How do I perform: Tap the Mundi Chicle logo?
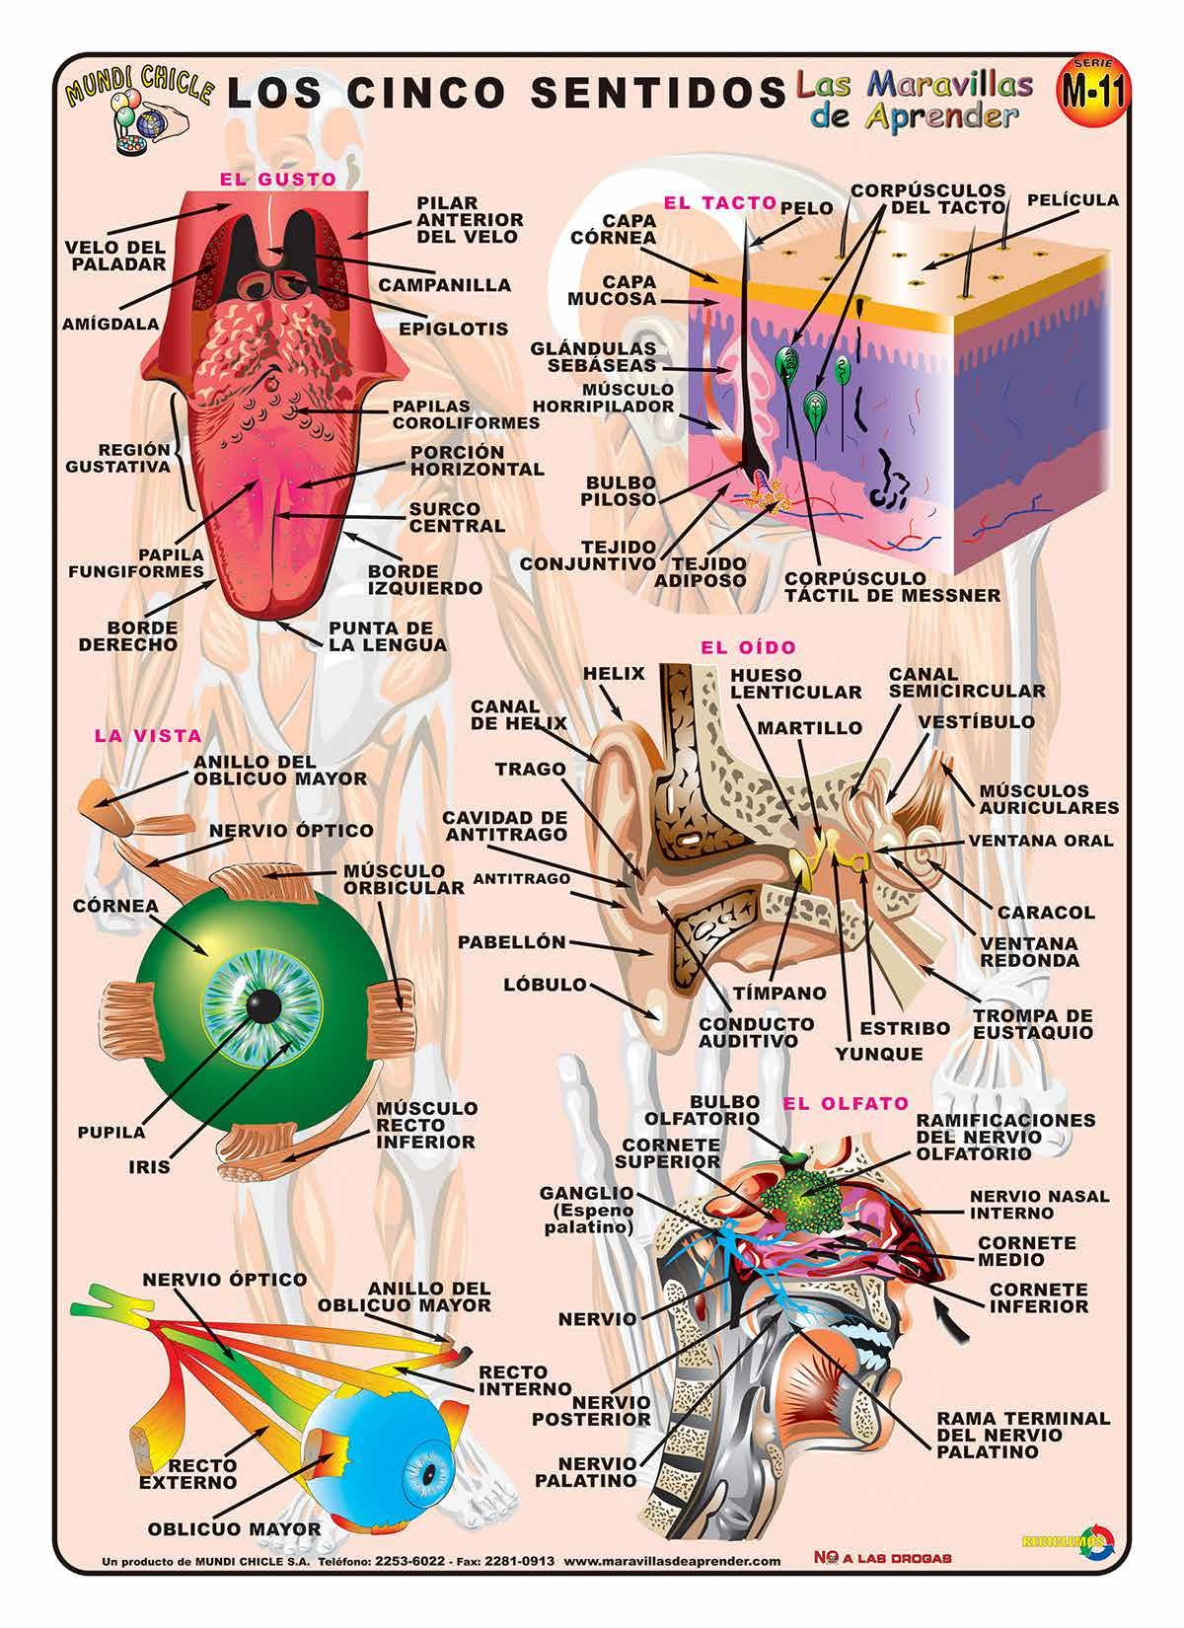(x=132, y=109)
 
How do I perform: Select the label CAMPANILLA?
(x=445, y=285)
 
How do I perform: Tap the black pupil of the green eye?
(x=261, y=1007)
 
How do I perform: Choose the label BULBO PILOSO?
(x=620, y=490)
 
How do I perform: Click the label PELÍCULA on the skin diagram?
(x=1073, y=200)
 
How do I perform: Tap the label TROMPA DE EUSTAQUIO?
(x=1032, y=1024)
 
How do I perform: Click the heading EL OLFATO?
(x=831, y=1103)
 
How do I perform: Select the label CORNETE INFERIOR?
(x=1039, y=1297)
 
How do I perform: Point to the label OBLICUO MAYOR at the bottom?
(x=234, y=1529)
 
